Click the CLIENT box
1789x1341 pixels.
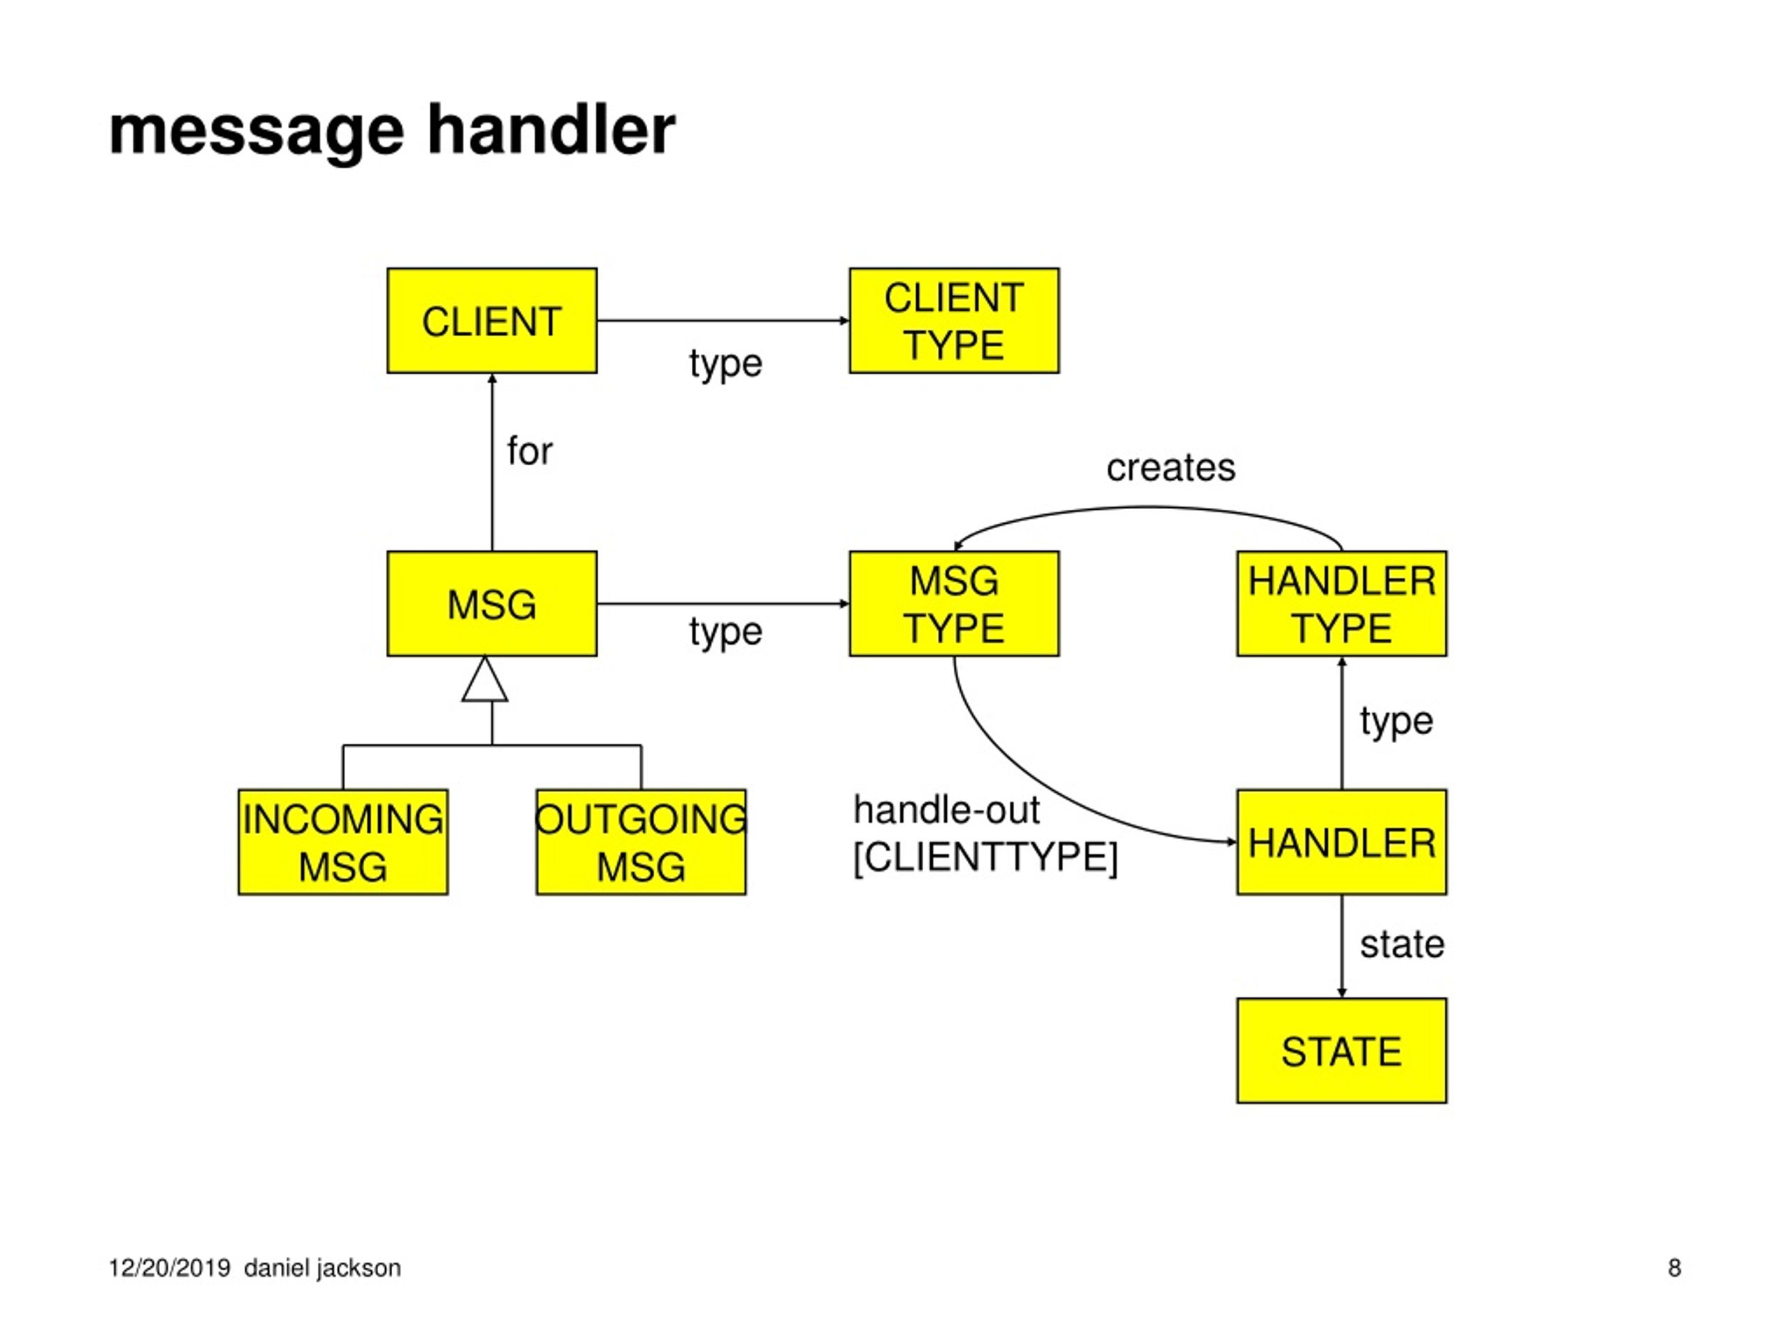(x=492, y=321)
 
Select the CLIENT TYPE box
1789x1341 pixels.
(x=955, y=321)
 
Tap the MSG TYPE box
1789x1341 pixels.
(x=955, y=604)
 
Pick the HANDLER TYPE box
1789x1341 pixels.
(x=1342, y=604)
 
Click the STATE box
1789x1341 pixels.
(x=1342, y=1051)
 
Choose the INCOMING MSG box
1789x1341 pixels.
(x=343, y=842)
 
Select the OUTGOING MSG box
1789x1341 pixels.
(x=642, y=842)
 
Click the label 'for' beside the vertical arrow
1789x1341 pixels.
(x=530, y=450)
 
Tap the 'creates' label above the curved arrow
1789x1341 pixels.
(x=1171, y=467)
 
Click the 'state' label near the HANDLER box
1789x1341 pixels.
(x=1402, y=944)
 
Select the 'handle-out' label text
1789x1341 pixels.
(x=946, y=810)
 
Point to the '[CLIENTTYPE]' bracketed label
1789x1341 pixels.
(x=985, y=857)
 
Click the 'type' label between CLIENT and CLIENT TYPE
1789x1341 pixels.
(x=725, y=364)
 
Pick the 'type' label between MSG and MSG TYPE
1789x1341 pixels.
(x=725, y=631)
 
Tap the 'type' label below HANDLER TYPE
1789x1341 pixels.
(x=1396, y=721)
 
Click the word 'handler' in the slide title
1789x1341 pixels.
(x=551, y=129)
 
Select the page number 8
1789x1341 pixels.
(x=1674, y=1268)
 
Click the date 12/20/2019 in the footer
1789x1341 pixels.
(x=170, y=1268)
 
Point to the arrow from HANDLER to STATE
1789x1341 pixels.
(x=1342, y=946)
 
